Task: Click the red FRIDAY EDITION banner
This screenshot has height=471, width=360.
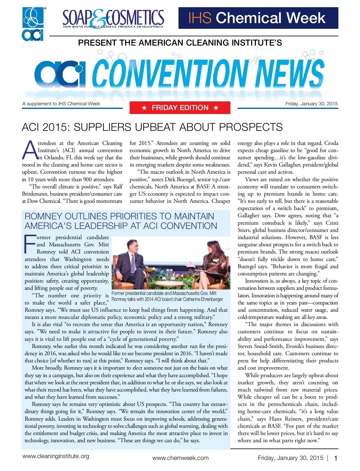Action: [180, 108]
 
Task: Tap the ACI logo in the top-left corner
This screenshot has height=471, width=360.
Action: [33, 24]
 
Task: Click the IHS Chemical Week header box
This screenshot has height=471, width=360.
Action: [258, 18]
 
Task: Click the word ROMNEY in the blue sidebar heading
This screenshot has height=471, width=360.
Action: [43, 216]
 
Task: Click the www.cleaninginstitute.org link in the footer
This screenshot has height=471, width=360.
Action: [56, 456]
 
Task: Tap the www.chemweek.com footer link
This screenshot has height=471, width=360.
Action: [180, 458]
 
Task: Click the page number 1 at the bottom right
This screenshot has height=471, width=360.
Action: [336, 458]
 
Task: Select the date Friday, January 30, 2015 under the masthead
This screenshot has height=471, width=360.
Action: [311, 104]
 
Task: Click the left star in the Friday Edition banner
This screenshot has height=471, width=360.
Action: [144, 108]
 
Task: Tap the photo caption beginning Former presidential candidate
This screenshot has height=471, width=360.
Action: [167, 296]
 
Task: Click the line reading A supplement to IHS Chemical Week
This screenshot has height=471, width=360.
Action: [61, 104]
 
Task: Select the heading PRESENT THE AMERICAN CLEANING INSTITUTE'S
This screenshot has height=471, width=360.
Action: [180, 43]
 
